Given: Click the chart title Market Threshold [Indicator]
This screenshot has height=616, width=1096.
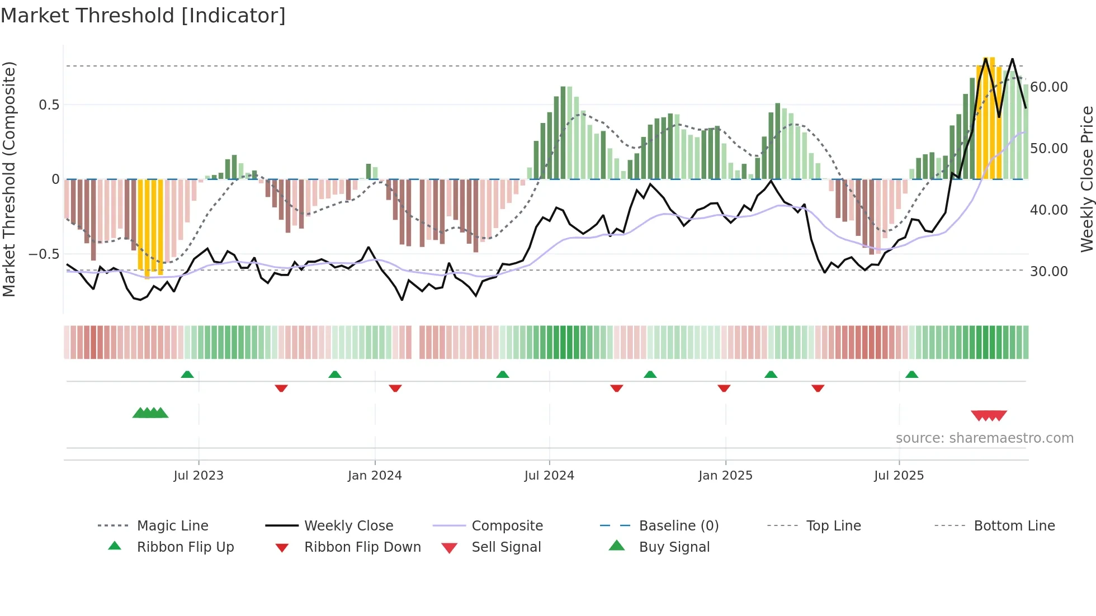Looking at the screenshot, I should point(143,16).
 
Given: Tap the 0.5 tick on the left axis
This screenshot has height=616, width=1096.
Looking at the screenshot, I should point(49,105).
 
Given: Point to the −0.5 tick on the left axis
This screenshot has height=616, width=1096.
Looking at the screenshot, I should point(44,254).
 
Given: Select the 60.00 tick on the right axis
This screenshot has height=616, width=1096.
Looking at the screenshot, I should point(1048,87).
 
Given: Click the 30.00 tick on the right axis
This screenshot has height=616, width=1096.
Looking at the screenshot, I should point(1048,272).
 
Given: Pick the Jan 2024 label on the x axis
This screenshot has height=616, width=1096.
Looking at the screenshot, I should point(375,476).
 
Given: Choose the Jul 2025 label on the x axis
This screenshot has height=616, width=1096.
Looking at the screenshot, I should point(899,476).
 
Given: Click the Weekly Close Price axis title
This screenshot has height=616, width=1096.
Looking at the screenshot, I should point(1086,179).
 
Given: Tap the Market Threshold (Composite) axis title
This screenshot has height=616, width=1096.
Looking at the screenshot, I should point(9,179).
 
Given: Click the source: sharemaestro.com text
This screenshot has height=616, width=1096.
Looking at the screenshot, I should point(984,438).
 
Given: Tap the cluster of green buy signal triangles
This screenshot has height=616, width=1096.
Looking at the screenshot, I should point(150,413).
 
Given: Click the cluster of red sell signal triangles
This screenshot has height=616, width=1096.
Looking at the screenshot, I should point(989,415).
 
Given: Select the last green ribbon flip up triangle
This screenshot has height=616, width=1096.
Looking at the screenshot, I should point(911,375).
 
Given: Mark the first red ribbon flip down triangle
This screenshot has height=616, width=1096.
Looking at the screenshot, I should point(281,388).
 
